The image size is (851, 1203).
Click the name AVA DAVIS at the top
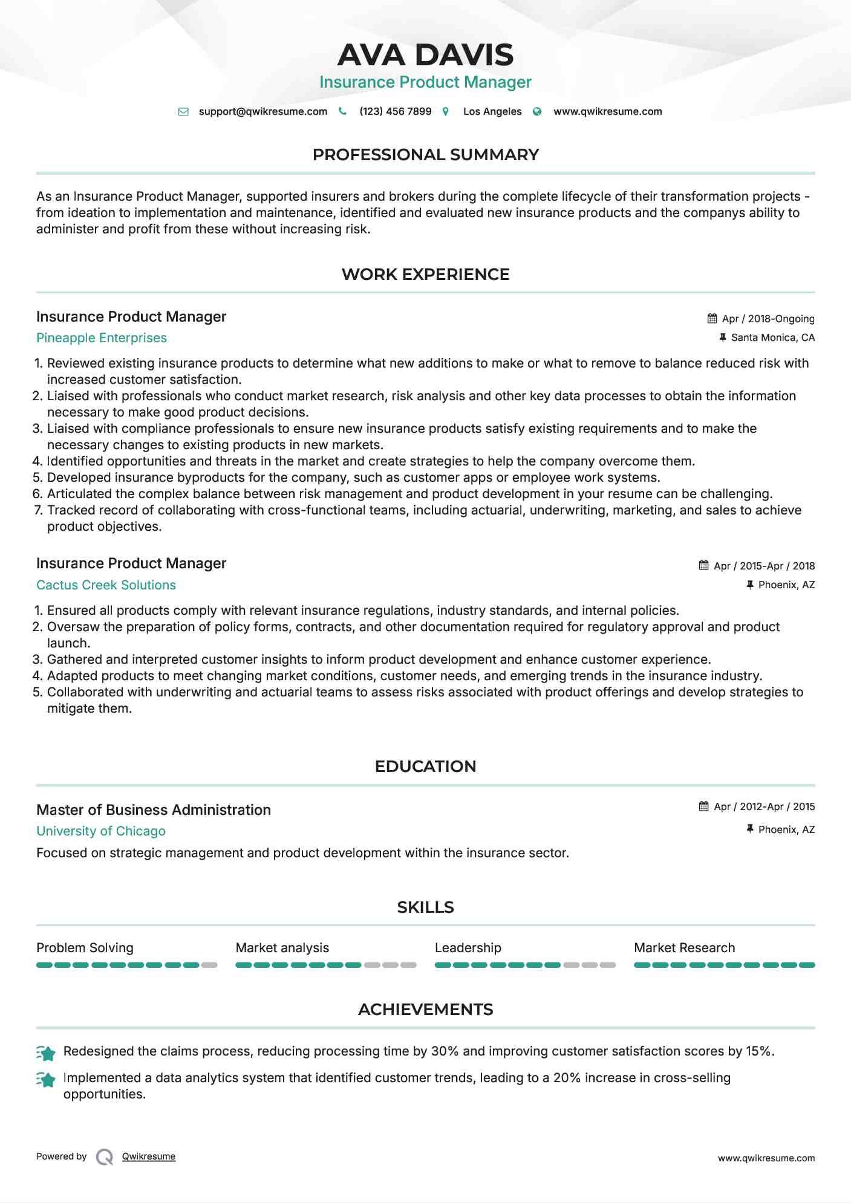coord(425,55)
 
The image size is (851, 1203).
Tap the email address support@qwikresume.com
coord(262,111)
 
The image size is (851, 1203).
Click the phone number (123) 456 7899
coord(395,111)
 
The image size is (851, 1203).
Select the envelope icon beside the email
coord(183,111)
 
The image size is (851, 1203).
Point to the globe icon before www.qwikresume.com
coord(537,111)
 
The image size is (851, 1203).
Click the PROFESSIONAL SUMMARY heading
coord(425,155)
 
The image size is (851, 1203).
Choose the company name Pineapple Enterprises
coord(102,338)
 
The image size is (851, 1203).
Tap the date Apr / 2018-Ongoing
coord(768,319)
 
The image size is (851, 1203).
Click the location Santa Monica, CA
coord(772,337)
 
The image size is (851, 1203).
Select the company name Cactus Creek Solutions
coord(106,585)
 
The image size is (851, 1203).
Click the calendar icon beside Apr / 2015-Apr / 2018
coord(703,565)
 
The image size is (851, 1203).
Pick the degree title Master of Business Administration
coord(154,810)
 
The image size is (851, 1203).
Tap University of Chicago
coord(101,831)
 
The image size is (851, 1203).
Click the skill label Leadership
coord(468,948)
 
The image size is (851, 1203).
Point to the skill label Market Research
coord(684,948)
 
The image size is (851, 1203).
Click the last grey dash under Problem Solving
coord(209,965)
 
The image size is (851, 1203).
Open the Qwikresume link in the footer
coord(149,1156)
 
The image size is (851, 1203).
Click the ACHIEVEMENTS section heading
coord(425,1010)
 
